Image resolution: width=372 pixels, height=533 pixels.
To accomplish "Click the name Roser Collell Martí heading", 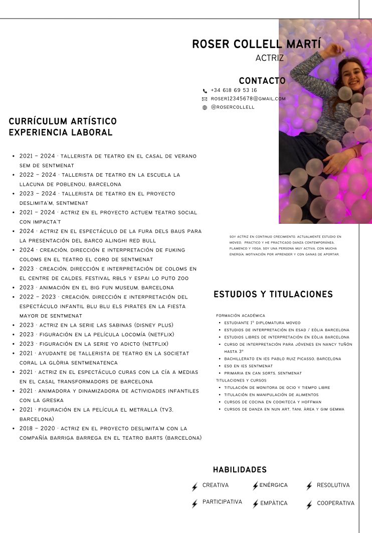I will pos(256,44).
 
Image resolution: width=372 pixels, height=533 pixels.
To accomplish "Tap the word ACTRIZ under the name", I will pos(269,58).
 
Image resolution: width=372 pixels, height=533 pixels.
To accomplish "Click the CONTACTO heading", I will pos(262,81).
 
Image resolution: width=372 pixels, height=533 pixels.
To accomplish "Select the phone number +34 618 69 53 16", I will pos(234,90).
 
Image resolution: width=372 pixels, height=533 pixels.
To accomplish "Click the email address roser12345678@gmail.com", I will pos(248,99).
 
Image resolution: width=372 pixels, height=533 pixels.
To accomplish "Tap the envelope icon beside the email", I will pos(205,99).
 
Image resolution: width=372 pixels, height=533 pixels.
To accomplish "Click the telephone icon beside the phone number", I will pos(205,91).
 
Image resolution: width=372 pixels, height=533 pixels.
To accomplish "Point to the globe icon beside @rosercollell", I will pos(205,107).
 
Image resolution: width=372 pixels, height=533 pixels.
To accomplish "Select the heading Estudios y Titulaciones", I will pos(273,294).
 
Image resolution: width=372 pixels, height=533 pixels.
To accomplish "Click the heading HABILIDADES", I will pos(240,470).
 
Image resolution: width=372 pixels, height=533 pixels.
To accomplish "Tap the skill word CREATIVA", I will pos(216,485).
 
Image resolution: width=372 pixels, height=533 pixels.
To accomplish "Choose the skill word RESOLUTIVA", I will pos(333,485).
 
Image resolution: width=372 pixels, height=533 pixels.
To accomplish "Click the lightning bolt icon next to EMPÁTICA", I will pos(255,504).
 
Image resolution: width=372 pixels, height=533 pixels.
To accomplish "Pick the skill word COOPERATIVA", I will pos(335,503).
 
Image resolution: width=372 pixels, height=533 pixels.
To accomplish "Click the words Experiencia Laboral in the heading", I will pos(61,133).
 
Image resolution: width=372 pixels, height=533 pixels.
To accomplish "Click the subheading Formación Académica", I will pos(241,316).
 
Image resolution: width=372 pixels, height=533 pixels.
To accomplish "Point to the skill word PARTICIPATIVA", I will pos(222,502).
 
